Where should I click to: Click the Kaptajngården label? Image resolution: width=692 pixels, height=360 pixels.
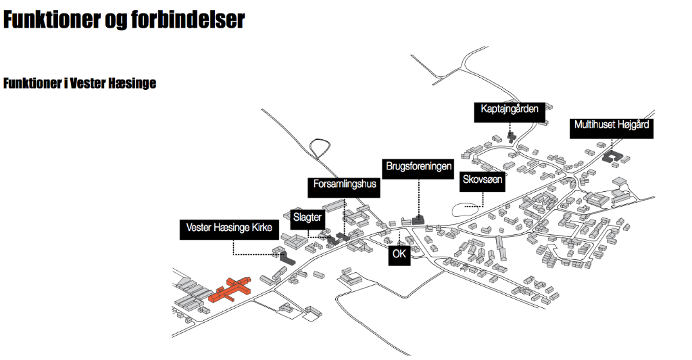click(509, 109)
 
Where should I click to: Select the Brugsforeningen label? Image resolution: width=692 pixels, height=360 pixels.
click(418, 166)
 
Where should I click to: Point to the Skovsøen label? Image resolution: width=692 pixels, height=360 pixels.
click(482, 180)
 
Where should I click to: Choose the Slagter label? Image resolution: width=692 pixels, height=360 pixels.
click(307, 217)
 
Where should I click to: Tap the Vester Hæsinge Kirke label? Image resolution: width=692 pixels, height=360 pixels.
click(229, 228)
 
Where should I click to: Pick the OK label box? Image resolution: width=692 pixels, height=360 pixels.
click(399, 255)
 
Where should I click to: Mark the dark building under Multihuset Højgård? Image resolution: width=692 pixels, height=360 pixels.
click(613, 156)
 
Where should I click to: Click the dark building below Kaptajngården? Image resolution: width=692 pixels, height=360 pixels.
click(511, 136)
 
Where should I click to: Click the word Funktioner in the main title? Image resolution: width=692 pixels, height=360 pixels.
click(52, 20)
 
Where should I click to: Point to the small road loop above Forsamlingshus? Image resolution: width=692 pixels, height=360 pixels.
click(320, 147)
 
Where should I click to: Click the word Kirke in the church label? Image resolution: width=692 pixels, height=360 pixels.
click(259, 228)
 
